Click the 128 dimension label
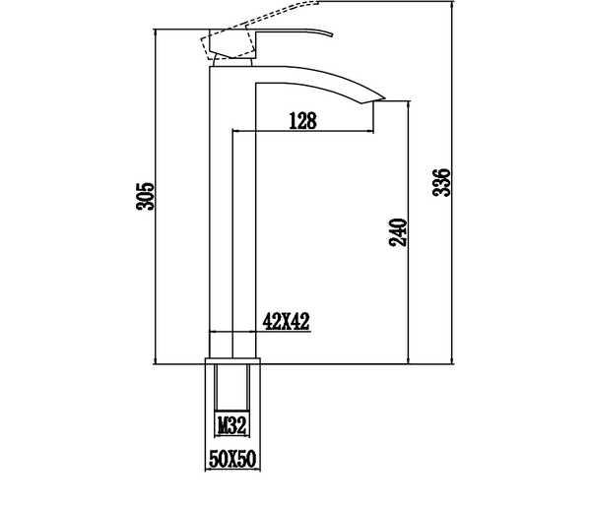click(302, 120)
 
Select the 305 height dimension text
click(146, 196)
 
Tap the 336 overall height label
click(441, 182)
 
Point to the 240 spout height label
click(398, 232)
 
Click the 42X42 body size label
click(286, 322)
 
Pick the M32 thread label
click(232, 425)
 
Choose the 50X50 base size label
click(232, 459)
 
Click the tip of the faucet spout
click(384, 98)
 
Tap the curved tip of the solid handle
click(331, 34)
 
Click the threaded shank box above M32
click(232, 387)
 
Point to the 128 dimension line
click(303, 131)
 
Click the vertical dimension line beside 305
click(155, 196)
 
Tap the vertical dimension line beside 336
click(452, 182)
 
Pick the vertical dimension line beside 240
click(409, 232)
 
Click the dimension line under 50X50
click(232, 470)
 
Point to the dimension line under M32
click(232, 436)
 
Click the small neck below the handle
click(232, 62)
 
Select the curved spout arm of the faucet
click(320, 80)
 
